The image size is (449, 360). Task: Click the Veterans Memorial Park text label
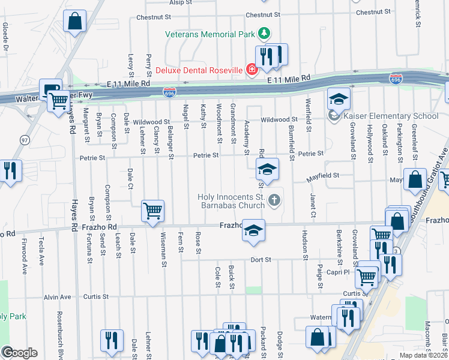[x=210, y=34]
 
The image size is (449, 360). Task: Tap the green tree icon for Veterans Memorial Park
[x=263, y=32]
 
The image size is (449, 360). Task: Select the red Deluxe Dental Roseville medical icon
[x=250, y=70]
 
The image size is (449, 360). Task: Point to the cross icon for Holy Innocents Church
[x=274, y=200]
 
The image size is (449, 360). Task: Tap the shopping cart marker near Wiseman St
[x=152, y=211]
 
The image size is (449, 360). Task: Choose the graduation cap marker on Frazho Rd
[x=253, y=231]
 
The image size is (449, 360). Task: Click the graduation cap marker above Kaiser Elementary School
[x=339, y=98]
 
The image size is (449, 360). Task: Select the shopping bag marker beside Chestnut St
[x=74, y=22]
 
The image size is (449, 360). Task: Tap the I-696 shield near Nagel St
[x=169, y=92]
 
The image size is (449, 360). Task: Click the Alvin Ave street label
[x=57, y=296]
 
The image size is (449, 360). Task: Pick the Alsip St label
[x=180, y=3]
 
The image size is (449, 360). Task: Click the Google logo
[x=19, y=353]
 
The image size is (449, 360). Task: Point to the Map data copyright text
[x=424, y=355]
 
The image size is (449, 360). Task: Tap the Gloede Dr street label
[x=5, y=36]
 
